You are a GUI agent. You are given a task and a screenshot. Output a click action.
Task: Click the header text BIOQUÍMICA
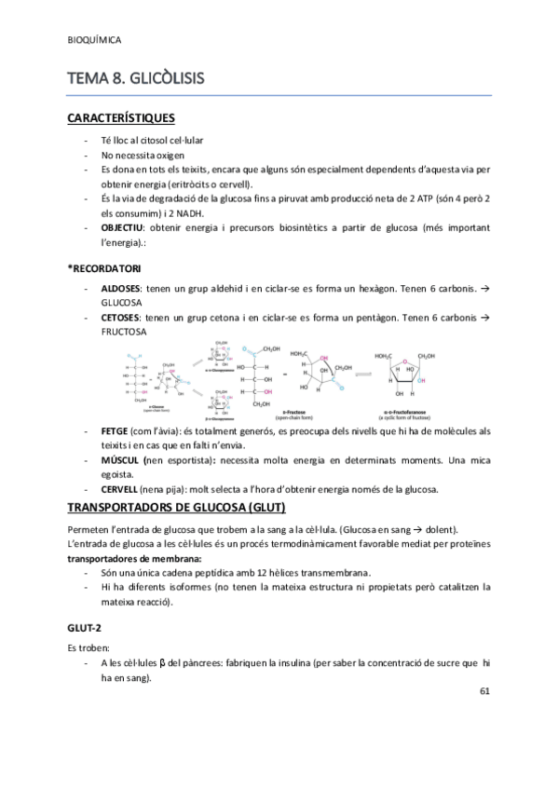click(96, 40)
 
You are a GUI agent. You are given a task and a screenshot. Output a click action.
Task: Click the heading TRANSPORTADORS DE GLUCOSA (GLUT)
click(177, 508)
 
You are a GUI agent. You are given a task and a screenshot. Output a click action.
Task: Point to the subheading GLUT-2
click(86, 629)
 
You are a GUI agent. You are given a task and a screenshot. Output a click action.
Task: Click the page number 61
click(484, 692)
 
